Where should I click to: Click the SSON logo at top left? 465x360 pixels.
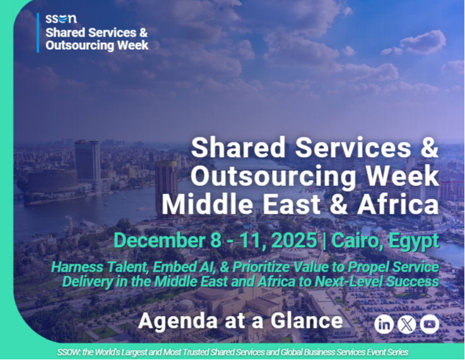61,19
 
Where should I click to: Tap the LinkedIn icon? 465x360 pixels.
384,325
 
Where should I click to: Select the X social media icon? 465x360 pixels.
406,325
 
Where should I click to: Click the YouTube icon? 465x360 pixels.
430,325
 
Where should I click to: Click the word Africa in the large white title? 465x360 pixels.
397,205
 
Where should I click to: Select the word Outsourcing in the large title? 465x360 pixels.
273,177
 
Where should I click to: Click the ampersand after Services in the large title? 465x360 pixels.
429,148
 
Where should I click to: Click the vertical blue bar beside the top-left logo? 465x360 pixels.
38,33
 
